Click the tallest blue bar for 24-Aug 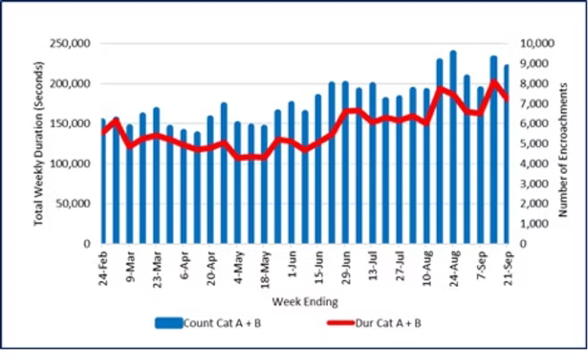point(453,148)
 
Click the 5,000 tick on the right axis point(529,143)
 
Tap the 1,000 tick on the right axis point(529,224)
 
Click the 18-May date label point(265,267)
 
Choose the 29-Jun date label point(345,267)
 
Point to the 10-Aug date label point(426,267)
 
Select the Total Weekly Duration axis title point(40,143)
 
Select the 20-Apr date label point(211,267)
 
